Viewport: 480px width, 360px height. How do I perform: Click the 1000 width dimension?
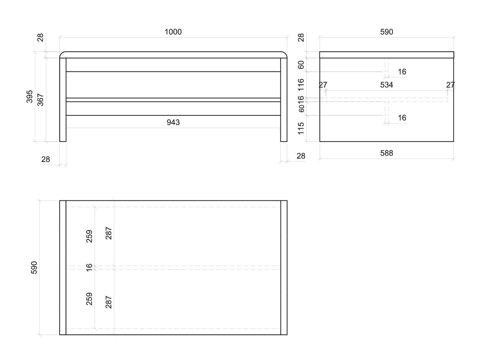click(173, 32)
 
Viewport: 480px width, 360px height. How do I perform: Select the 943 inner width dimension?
click(173, 123)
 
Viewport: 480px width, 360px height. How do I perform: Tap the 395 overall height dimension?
click(30, 96)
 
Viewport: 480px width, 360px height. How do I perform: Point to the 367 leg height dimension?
click(40, 100)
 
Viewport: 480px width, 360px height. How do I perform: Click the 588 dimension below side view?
click(386, 153)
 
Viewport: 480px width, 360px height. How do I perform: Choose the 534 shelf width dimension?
click(386, 85)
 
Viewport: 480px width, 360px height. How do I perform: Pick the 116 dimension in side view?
click(301, 85)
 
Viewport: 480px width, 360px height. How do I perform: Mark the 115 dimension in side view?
click(301, 128)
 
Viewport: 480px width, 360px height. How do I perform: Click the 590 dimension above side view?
click(386, 32)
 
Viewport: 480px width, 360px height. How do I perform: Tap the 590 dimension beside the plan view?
click(34, 268)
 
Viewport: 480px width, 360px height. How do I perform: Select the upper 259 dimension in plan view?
click(89, 236)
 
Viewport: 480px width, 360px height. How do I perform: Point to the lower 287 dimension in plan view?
click(109, 302)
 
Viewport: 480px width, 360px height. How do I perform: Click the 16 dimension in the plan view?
click(89, 268)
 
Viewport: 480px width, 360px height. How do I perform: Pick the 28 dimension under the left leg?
click(45, 159)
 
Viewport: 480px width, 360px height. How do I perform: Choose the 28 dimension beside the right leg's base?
click(300, 156)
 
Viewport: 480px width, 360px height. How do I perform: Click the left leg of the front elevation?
click(63, 100)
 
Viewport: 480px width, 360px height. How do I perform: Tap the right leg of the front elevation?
click(283, 100)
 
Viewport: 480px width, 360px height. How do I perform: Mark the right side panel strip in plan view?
click(284, 268)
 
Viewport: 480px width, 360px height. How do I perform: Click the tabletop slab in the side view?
click(387, 55)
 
